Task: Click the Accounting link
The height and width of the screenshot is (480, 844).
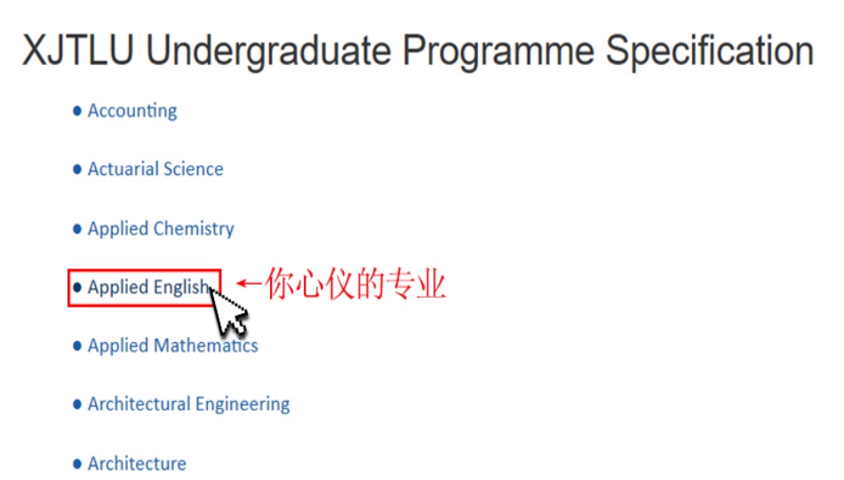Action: click(132, 111)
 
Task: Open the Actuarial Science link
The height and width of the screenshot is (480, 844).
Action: click(155, 169)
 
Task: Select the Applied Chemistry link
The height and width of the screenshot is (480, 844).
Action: click(161, 229)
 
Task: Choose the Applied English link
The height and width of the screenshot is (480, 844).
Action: click(148, 288)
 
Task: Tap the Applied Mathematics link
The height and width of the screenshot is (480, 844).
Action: click(172, 345)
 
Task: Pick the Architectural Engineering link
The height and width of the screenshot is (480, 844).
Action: click(189, 404)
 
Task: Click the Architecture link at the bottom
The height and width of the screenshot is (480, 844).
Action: click(137, 463)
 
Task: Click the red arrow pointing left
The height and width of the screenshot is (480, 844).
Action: click(249, 283)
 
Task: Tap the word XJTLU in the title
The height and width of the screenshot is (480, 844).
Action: click(78, 51)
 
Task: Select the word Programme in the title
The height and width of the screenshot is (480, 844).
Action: click(498, 52)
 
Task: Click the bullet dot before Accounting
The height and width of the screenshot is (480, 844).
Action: click(77, 111)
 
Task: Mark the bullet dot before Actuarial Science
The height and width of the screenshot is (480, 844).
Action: click(77, 170)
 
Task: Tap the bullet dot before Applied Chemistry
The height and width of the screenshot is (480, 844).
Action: click(77, 229)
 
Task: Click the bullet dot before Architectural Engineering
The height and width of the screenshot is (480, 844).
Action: click(77, 404)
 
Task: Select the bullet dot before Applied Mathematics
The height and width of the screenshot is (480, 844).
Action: click(77, 345)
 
